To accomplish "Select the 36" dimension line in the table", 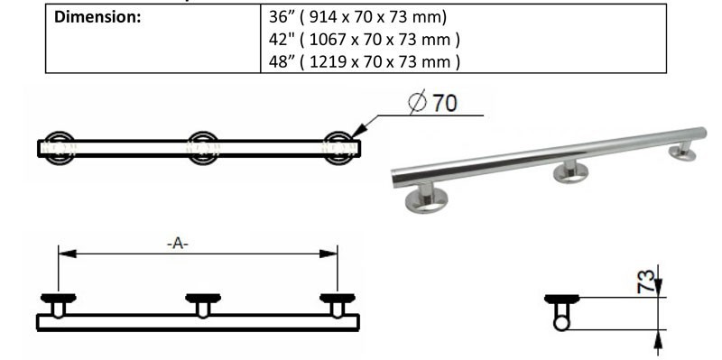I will pyautogui.click(x=355, y=17).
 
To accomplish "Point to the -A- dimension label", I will pyautogui.click(x=178, y=244).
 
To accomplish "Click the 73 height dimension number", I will pyautogui.click(x=643, y=281).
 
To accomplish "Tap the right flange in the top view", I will pyautogui.click(x=340, y=147).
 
